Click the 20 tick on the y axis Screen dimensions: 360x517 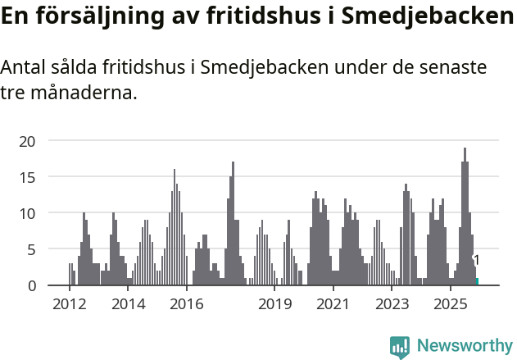(27, 141)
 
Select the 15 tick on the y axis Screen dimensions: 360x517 (27, 177)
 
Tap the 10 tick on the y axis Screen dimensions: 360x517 (27, 213)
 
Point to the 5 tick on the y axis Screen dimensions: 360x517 (31, 249)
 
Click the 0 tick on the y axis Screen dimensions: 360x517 (31, 285)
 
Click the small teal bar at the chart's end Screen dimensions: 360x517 (477, 281)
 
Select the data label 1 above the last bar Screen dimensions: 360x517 (477, 261)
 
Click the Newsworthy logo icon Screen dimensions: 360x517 (400, 347)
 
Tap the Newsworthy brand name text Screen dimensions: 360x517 (464, 346)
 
